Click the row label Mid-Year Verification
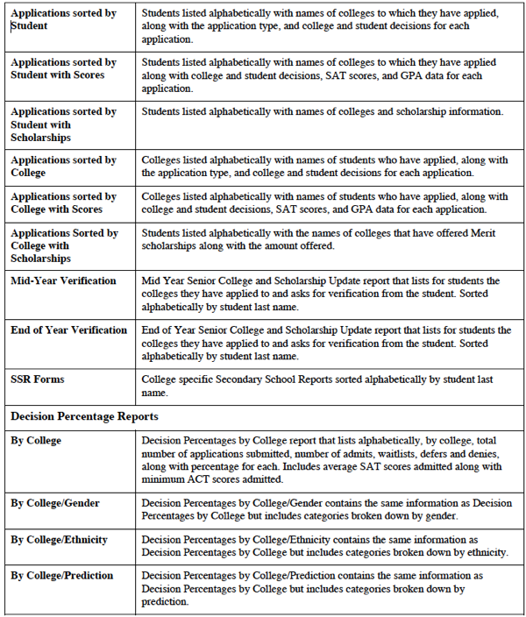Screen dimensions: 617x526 (63, 281)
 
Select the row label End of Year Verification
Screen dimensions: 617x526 (68, 330)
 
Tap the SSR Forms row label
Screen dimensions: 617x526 (38, 379)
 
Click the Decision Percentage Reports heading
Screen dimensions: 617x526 (85, 416)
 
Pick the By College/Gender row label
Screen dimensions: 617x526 (55, 503)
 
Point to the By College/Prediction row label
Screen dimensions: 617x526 (62, 576)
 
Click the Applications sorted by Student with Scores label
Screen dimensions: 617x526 (63, 69)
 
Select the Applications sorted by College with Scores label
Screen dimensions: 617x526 (63, 203)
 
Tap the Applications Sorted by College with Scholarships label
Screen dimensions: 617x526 (64, 246)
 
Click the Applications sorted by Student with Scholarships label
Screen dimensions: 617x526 (63, 124)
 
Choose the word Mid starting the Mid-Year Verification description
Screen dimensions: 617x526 (152, 281)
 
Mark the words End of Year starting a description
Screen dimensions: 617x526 (168, 330)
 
